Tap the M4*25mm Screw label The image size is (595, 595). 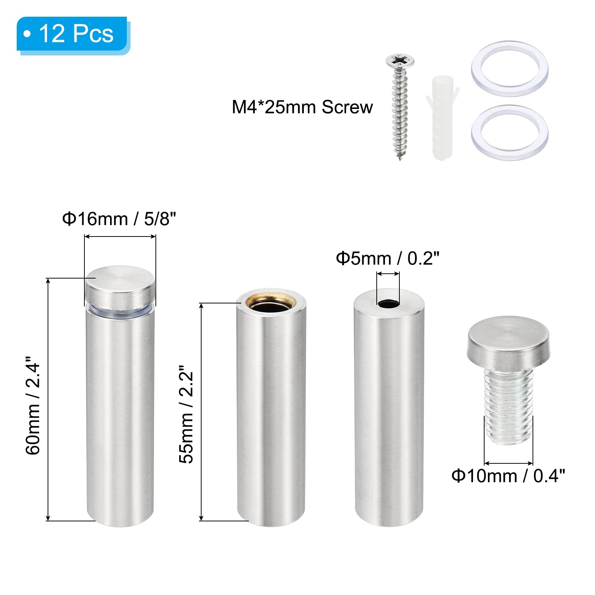pos(302,107)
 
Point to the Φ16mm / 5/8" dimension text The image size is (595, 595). pos(119,219)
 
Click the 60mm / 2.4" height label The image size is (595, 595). pos(33,405)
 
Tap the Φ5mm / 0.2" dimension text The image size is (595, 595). pos(387,258)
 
